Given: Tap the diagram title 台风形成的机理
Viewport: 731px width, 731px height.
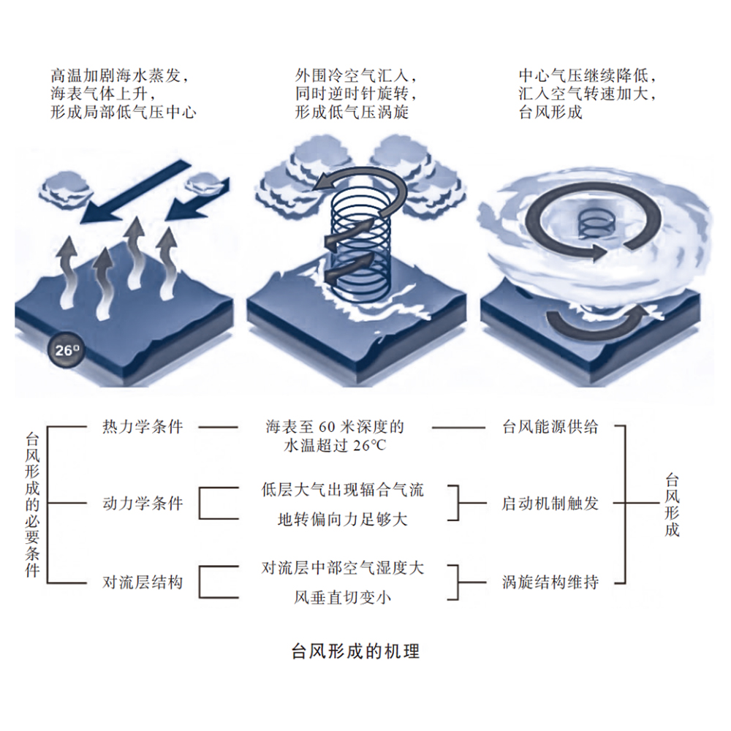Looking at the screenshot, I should pos(355,650).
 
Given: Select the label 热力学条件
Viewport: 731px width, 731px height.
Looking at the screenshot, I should pos(142,427).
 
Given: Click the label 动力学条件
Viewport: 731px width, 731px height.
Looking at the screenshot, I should pos(142,504).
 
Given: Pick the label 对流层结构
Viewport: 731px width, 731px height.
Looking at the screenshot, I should pos(142,583).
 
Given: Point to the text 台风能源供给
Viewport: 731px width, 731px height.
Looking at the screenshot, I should pos(550,427).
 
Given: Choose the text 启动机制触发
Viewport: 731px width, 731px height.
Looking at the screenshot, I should pos(550,504).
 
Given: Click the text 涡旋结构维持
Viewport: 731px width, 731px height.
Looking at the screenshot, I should pos(550,583).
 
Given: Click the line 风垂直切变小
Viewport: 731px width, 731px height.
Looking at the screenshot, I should pos(343,598).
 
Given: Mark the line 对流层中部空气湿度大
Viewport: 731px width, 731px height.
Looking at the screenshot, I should pos(343,567).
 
